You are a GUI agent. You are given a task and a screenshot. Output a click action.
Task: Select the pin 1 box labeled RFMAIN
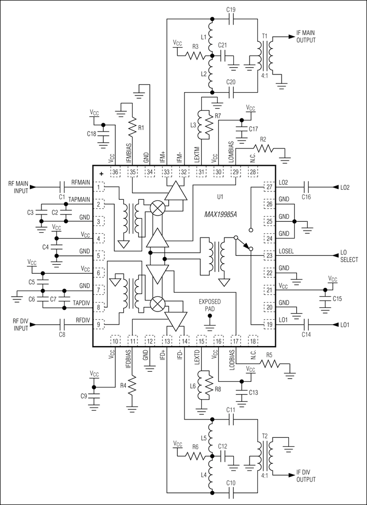tap(98, 187)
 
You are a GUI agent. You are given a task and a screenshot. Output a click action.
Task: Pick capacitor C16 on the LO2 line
tap(306, 187)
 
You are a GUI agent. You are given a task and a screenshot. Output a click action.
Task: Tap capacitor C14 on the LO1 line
tap(306, 325)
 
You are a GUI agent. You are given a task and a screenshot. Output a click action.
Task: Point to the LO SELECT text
tap(348, 256)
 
